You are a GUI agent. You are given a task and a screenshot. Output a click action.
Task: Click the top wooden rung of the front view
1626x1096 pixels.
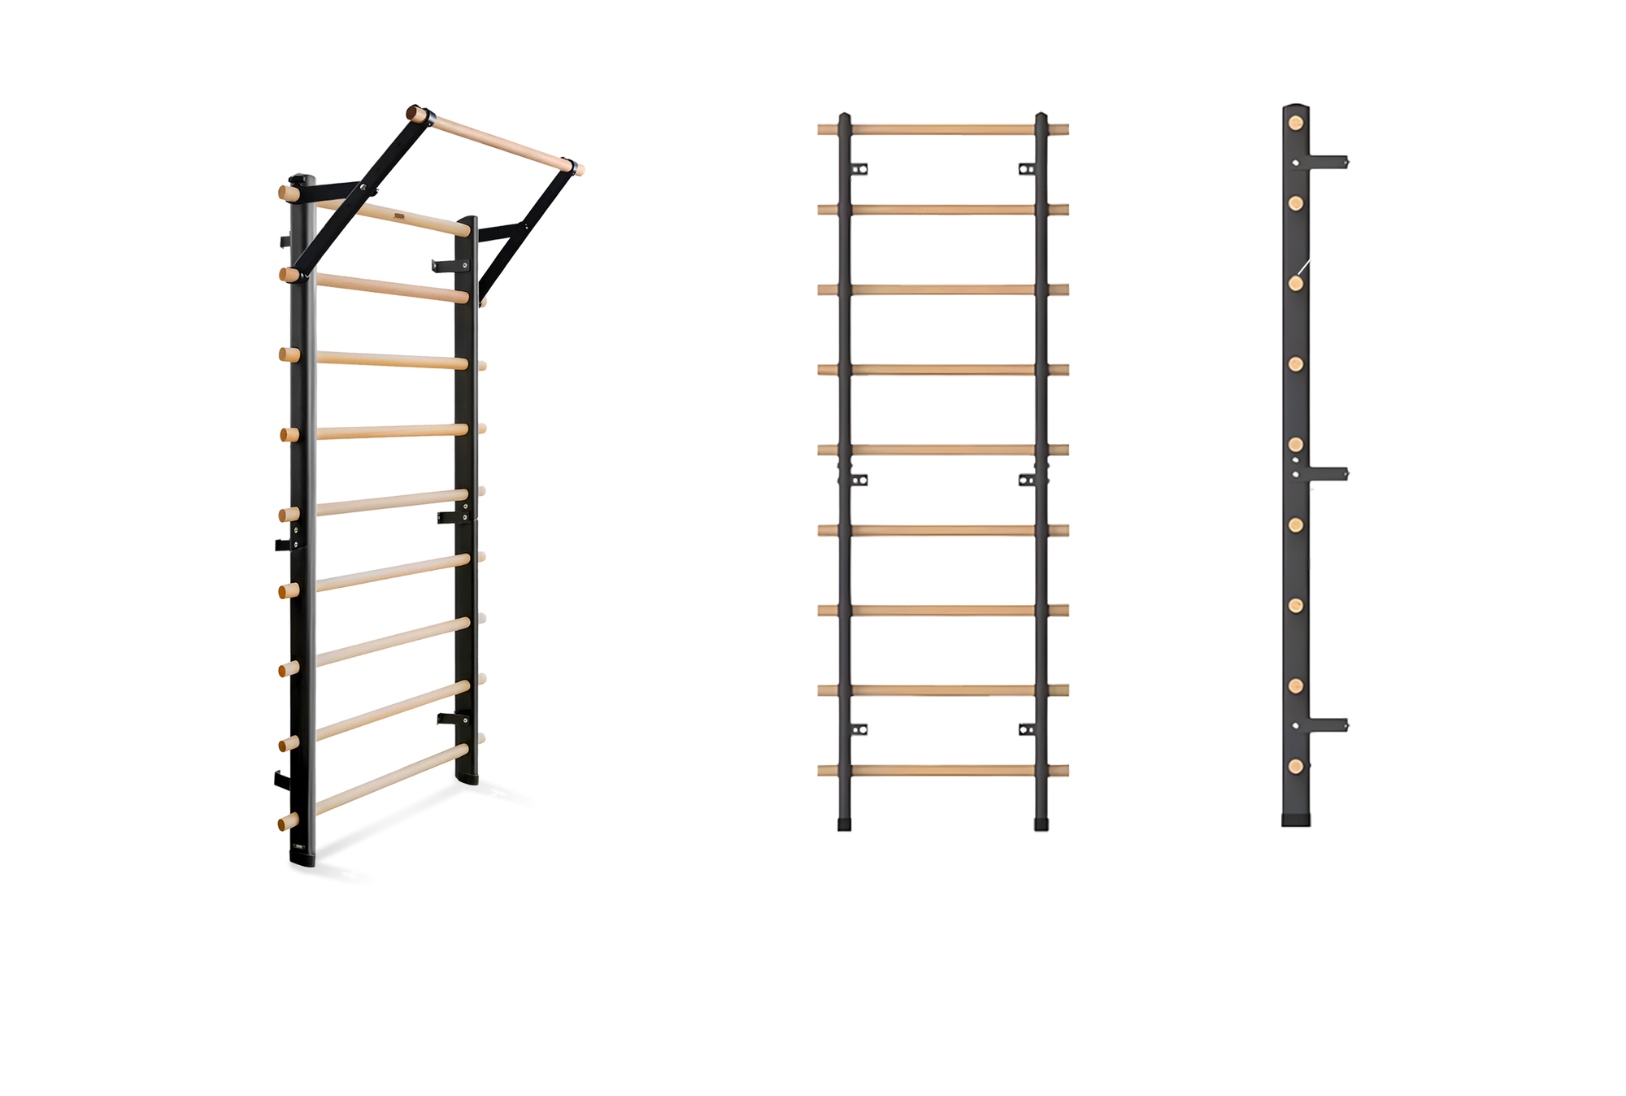point(943,129)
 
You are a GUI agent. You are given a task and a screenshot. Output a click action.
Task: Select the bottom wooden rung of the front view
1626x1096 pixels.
point(943,770)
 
